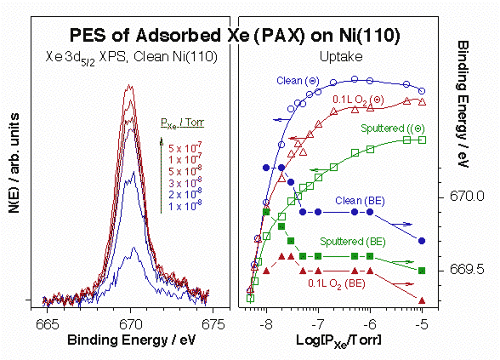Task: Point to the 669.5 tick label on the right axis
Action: [458, 269]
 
